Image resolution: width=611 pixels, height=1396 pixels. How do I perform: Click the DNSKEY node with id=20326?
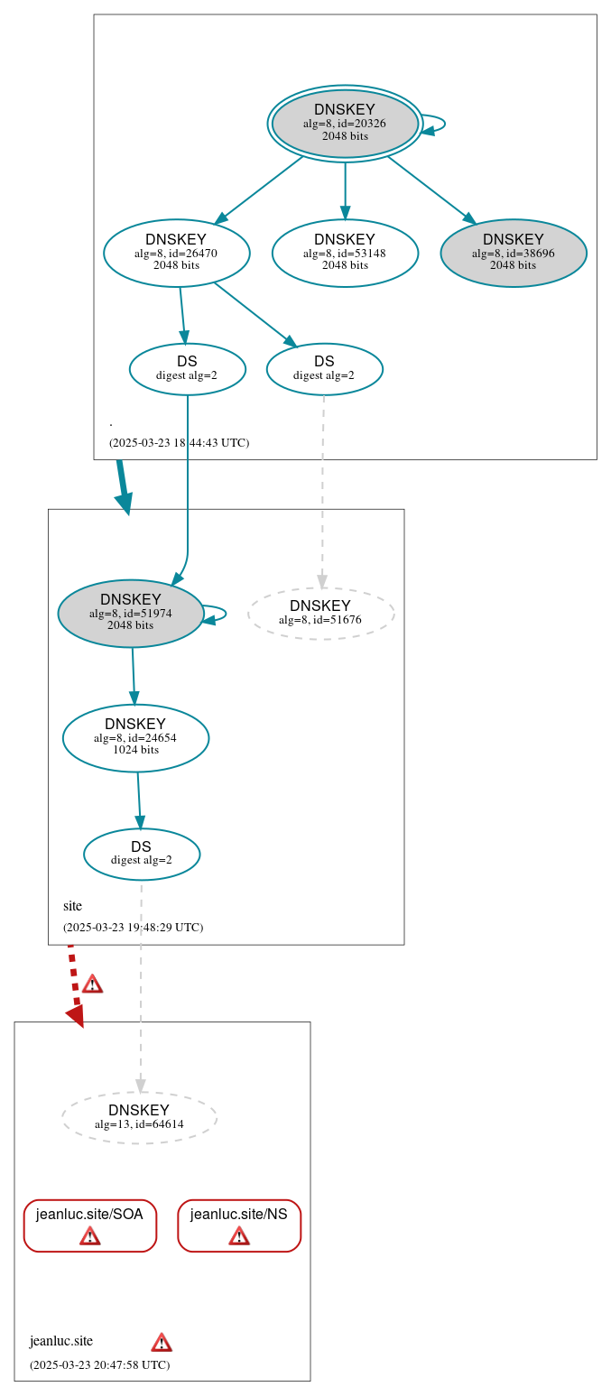pyautogui.click(x=345, y=124)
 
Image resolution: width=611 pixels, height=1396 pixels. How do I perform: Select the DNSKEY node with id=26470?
pyautogui.click(x=176, y=253)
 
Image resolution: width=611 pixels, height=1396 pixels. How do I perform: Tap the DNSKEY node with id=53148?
pyautogui.click(x=345, y=253)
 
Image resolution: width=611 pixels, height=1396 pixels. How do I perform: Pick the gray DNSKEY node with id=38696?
pyautogui.click(x=514, y=253)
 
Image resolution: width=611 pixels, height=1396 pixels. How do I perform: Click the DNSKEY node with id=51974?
pyautogui.click(x=131, y=613)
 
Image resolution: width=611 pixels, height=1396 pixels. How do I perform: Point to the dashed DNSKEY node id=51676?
pyautogui.click(x=320, y=613)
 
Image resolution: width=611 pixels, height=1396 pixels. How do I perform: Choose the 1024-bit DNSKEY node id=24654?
pyautogui.click(x=135, y=737)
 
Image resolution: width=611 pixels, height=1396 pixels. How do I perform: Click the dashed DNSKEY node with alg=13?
pyautogui.click(x=139, y=1117)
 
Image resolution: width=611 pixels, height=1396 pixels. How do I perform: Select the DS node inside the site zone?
pyautogui.click(x=142, y=854)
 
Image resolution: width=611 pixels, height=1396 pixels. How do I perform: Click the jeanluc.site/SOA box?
pyautogui.click(x=90, y=1225)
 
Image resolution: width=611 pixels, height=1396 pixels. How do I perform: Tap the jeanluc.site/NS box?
pyautogui.click(x=239, y=1225)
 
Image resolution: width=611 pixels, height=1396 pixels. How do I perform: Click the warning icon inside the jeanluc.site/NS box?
pyautogui.click(x=239, y=1235)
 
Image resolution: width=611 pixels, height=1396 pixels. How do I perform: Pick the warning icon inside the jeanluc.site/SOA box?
pyautogui.click(x=90, y=1235)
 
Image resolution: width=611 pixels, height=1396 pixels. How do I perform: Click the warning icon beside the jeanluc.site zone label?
pyautogui.click(x=162, y=1342)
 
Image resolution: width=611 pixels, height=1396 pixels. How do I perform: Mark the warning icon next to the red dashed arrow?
pyautogui.click(x=92, y=984)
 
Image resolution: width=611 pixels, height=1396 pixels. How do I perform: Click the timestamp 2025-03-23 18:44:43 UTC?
pyautogui.click(x=179, y=443)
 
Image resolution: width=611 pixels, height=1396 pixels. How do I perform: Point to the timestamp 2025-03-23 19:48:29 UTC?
pyautogui.click(x=133, y=927)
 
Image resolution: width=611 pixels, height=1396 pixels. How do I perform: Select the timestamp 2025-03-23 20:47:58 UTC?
pyautogui.click(x=99, y=1364)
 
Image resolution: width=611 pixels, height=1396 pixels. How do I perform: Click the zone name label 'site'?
pyautogui.click(x=72, y=905)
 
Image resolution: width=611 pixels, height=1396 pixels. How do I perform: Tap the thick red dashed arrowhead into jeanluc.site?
pyautogui.click(x=76, y=1015)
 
